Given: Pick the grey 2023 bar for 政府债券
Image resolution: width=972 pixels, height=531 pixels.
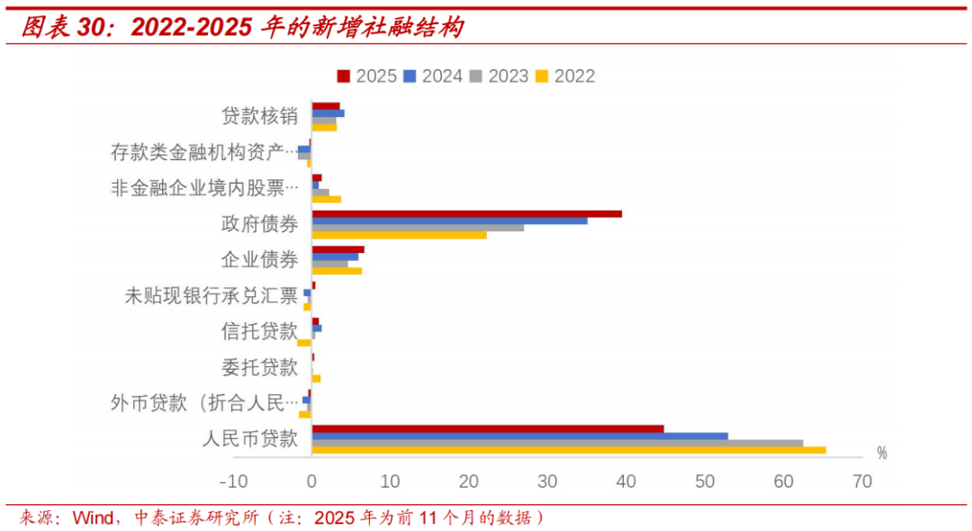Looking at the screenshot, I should coord(418,228).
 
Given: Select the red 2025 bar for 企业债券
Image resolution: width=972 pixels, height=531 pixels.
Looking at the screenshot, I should coord(337,249).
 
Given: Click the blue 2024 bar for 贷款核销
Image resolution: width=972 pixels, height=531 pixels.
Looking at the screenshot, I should coord(328,113).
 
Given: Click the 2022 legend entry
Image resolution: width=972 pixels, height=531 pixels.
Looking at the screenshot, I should coord(565,76).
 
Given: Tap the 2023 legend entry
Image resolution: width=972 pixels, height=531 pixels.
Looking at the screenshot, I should coord(499,76).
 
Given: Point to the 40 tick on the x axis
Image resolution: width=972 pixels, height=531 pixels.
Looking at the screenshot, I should coord(625,481).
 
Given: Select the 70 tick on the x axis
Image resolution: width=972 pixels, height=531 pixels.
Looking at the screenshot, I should coord(861,481).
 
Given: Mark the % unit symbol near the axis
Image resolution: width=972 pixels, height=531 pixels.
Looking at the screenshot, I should coord(882,453).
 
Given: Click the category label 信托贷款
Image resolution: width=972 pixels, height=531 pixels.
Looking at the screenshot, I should coord(259,331).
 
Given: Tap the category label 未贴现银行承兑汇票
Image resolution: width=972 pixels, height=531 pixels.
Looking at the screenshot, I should coord(211,295).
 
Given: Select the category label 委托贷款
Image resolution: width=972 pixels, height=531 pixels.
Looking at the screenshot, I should coord(259,367).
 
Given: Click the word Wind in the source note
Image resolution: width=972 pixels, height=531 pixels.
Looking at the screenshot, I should coord(93,517).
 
